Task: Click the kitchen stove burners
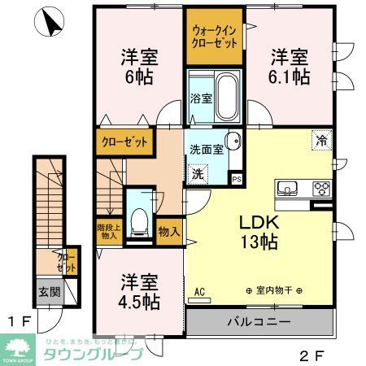coord(321,190)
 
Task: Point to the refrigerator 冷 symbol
coord(320,140)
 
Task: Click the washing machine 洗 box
coord(198,172)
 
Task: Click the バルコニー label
coord(258,323)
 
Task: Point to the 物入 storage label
coord(169,231)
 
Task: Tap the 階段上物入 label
coord(108,232)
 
